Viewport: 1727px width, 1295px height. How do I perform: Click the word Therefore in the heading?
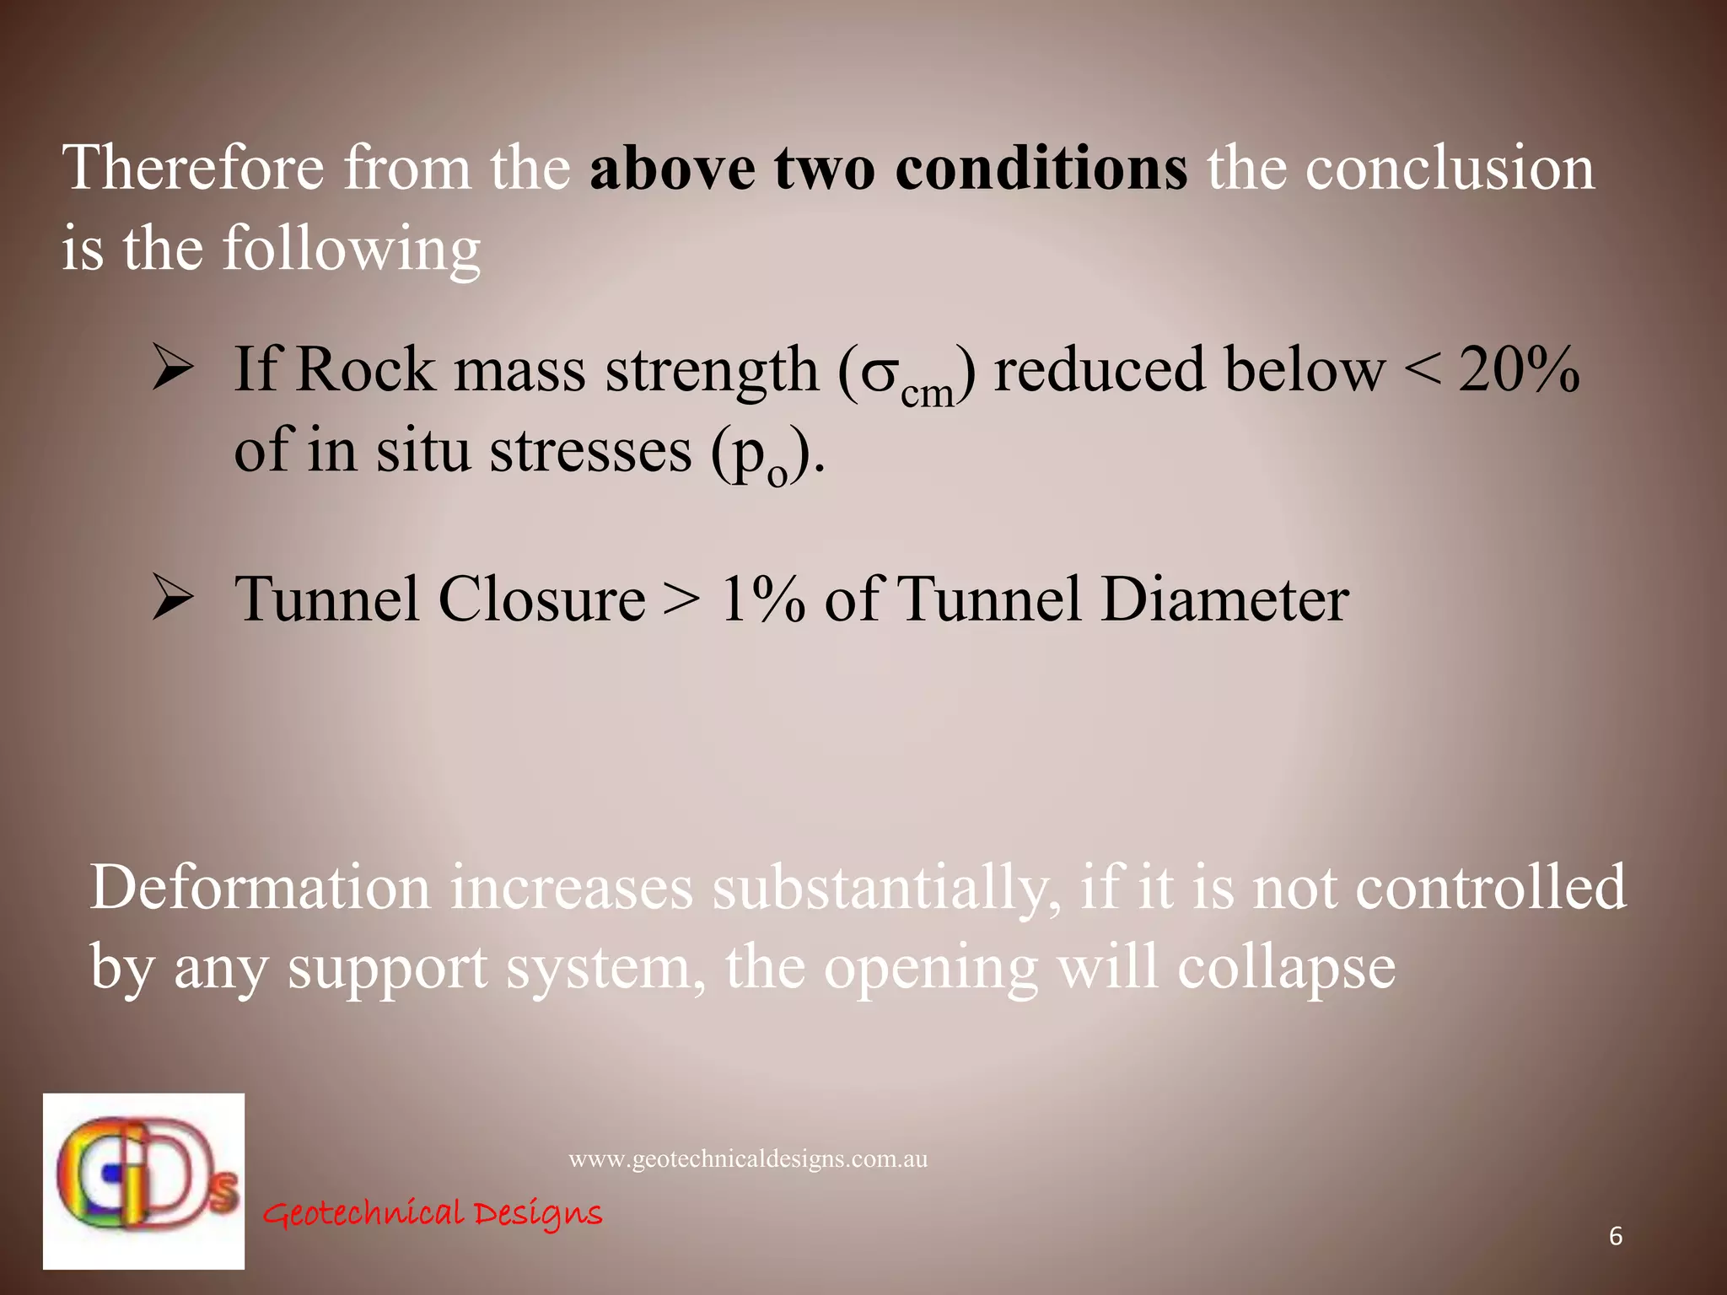coord(193,167)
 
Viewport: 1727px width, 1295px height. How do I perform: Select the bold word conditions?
coord(1041,167)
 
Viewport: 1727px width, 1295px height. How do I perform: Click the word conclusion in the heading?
coord(1450,167)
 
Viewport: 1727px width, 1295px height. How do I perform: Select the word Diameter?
coord(1224,599)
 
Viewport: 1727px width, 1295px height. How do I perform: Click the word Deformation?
coord(260,887)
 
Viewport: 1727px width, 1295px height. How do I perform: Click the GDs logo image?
coord(144,1180)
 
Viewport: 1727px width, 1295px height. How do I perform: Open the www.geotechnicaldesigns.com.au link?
coord(748,1159)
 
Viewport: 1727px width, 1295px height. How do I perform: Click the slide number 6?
coord(1616,1236)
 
